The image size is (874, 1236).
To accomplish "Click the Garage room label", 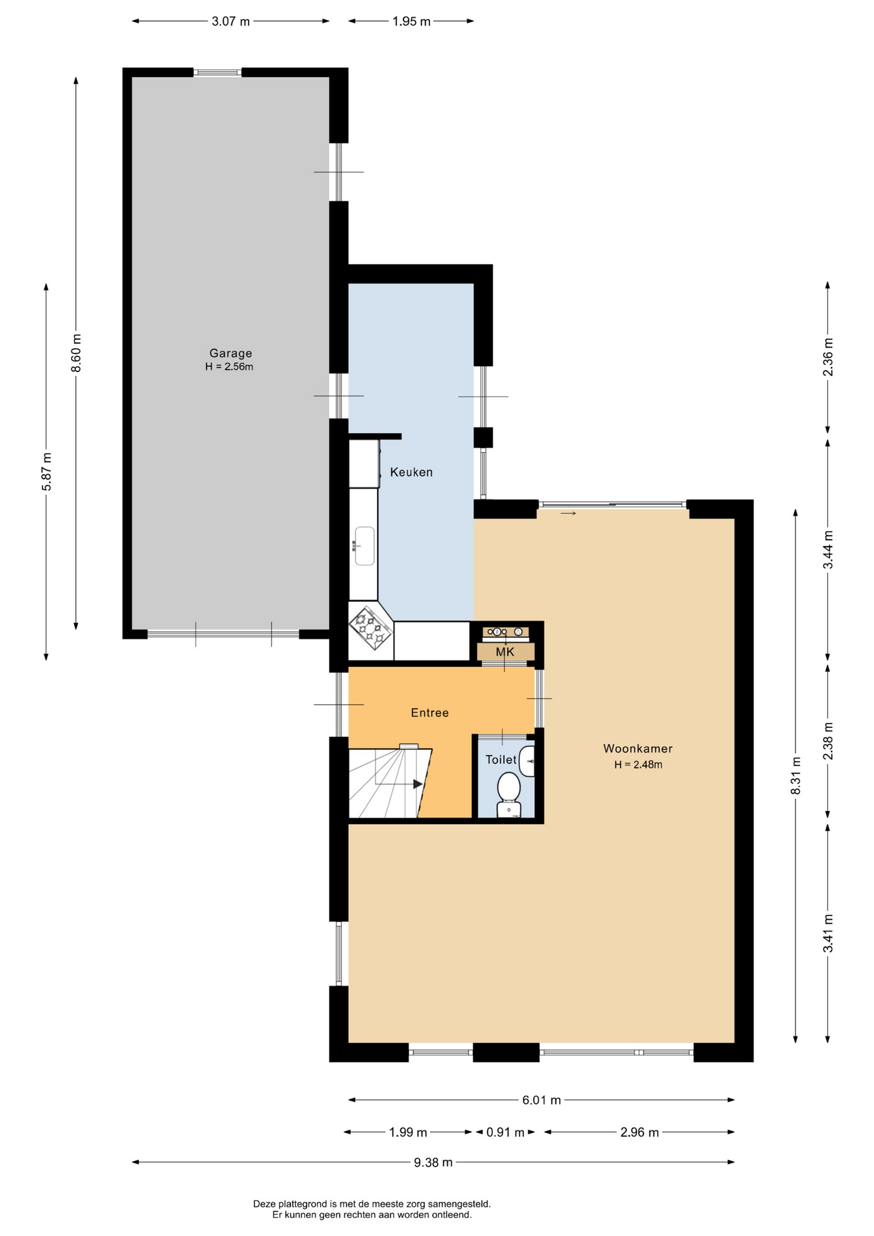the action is [x=230, y=353].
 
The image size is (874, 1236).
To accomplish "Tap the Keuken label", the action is [x=411, y=472].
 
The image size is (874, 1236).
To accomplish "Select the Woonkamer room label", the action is [x=638, y=748].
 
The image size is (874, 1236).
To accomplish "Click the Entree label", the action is [x=430, y=713].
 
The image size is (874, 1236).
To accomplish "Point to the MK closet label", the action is [x=505, y=652].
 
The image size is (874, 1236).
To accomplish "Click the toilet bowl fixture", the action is [x=509, y=794].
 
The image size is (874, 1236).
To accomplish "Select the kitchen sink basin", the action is [x=364, y=546].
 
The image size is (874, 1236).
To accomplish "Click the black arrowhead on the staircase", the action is [x=418, y=784].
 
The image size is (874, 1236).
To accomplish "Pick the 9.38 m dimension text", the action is [x=433, y=1162].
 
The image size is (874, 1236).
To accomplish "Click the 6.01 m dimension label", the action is [x=541, y=1100].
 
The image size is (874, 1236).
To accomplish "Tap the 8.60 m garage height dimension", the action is [x=76, y=353].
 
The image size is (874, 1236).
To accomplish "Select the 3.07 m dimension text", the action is [x=230, y=21].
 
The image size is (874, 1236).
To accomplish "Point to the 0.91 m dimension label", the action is [x=505, y=1132].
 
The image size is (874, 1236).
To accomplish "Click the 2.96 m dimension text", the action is [x=639, y=1132].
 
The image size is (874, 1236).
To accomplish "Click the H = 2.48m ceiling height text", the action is [x=638, y=765].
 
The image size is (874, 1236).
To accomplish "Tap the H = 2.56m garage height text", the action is [x=229, y=367].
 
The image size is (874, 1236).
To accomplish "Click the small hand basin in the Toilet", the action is [x=528, y=762].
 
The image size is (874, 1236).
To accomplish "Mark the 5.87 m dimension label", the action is [x=46, y=471].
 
